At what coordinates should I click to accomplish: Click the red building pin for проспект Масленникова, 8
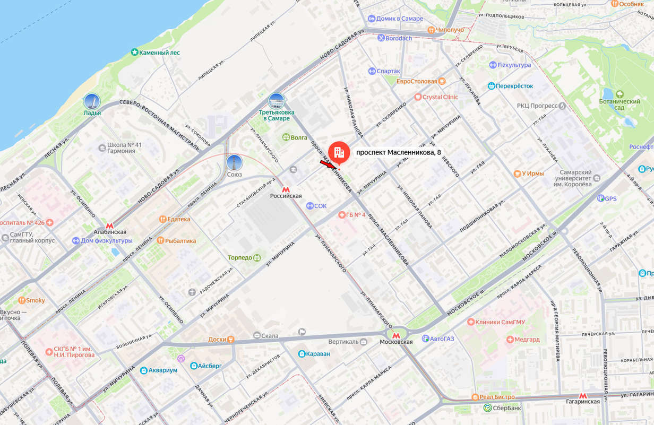pyautogui.click(x=339, y=152)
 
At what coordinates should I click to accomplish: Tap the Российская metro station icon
pyautogui.click(x=286, y=189)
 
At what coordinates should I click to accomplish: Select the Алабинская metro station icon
pyautogui.click(x=109, y=225)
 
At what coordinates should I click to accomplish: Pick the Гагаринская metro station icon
pyautogui.click(x=582, y=395)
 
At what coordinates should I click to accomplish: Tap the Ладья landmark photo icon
pyautogui.click(x=92, y=102)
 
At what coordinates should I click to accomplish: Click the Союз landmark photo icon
pyautogui.click(x=234, y=163)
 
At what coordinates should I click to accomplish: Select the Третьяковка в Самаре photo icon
pyautogui.click(x=276, y=101)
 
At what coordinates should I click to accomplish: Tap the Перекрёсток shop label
pyautogui.click(x=514, y=86)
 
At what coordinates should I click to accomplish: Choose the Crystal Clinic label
pyautogui.click(x=440, y=97)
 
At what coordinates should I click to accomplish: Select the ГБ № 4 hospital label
pyautogui.click(x=356, y=215)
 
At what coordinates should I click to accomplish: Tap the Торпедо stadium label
pyautogui.click(x=241, y=257)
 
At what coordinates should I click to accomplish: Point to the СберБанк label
pyautogui.click(x=506, y=408)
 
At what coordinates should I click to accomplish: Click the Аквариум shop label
pyautogui.click(x=162, y=370)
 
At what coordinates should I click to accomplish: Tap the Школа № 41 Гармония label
pyautogui.click(x=124, y=148)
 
